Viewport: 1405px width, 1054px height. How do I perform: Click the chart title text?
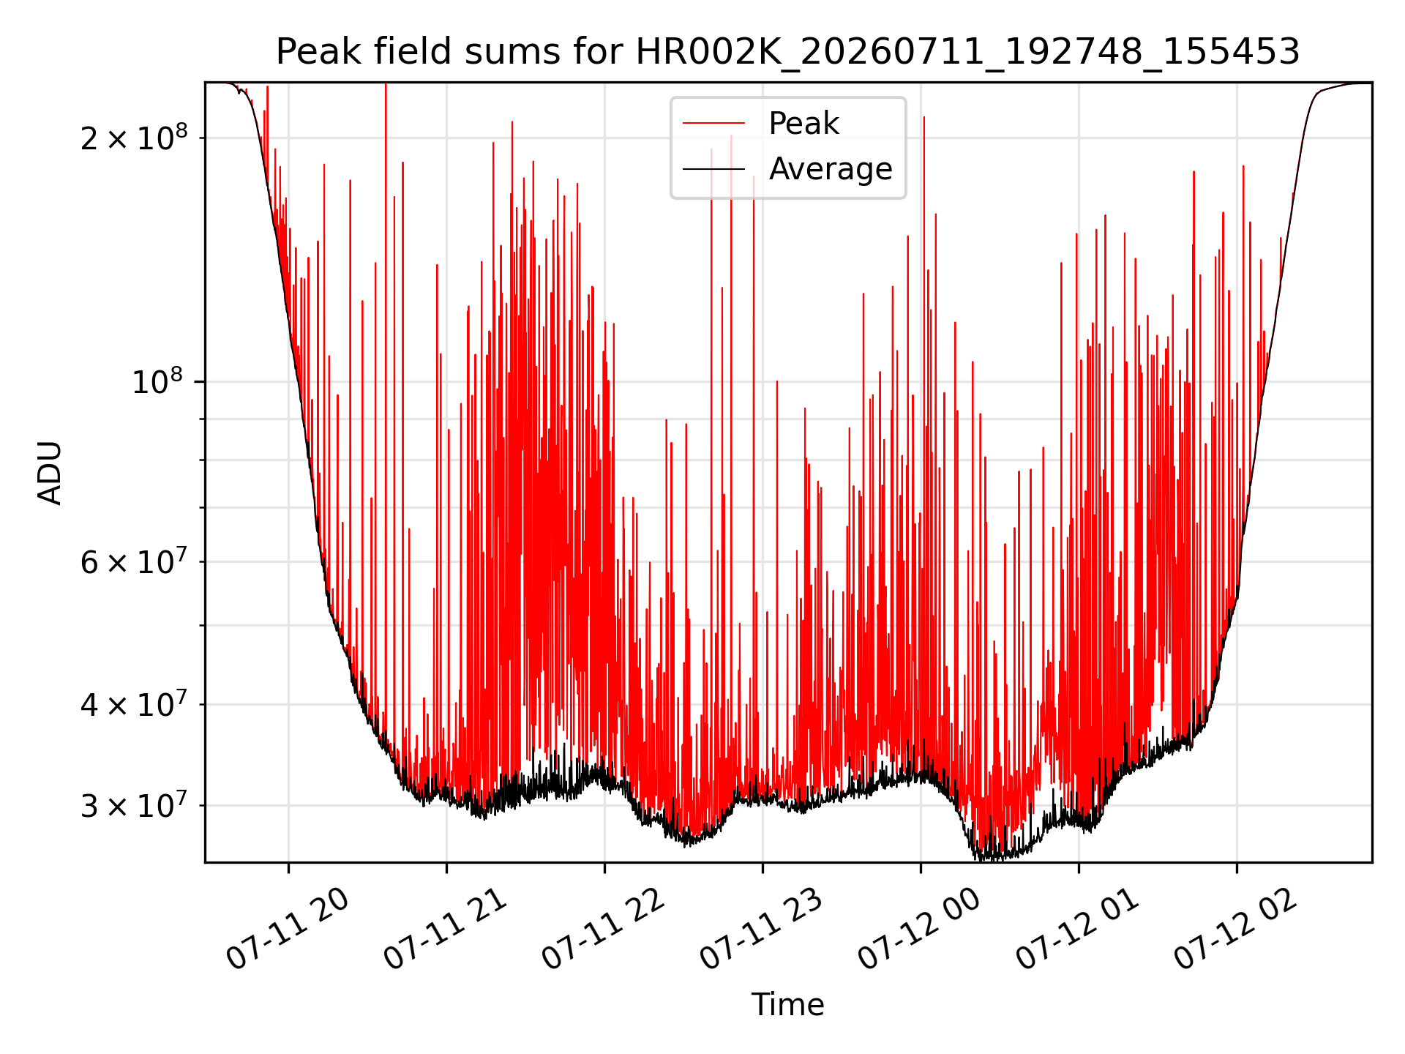click(787, 52)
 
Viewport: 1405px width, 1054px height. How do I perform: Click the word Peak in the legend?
click(803, 124)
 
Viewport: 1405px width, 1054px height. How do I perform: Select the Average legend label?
click(831, 169)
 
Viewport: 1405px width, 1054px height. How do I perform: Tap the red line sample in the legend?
click(713, 124)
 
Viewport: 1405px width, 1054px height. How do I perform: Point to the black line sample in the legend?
click(713, 170)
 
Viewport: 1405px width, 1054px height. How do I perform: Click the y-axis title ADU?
click(50, 473)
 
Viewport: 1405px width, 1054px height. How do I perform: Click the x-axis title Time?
click(787, 1005)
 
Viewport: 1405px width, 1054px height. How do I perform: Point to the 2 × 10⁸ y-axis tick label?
click(133, 137)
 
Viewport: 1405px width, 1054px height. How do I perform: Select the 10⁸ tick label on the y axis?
click(160, 381)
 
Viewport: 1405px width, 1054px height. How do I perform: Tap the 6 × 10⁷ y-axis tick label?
click(133, 561)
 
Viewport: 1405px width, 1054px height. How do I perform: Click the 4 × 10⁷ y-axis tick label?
click(133, 704)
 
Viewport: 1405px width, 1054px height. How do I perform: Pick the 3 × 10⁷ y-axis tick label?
click(133, 805)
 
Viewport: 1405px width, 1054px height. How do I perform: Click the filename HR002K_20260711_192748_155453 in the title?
click(967, 53)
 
